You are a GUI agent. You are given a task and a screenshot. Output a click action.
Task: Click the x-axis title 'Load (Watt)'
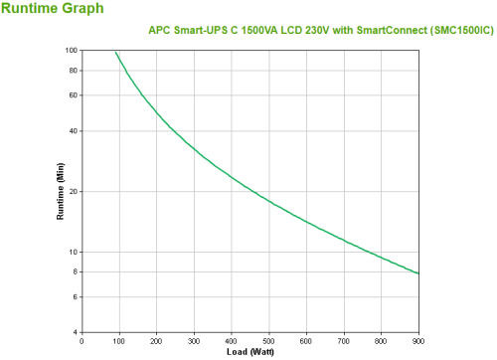pos(249,352)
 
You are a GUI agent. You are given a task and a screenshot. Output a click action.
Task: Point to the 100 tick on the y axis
pos(72,50)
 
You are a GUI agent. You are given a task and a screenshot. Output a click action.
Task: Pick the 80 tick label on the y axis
pos(74,70)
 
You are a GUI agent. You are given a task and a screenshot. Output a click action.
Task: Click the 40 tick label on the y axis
pos(74,130)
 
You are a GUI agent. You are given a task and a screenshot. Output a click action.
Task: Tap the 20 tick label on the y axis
pos(74,191)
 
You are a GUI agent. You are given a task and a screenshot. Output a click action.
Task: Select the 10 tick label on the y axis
pos(74,252)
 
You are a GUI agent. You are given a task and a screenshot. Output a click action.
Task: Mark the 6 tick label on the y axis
pos(76,296)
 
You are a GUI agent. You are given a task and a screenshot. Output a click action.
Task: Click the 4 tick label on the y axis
pos(76,332)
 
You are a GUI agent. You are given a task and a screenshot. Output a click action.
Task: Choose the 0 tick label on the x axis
pos(82,341)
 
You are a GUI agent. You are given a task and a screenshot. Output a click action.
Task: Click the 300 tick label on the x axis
pos(194,341)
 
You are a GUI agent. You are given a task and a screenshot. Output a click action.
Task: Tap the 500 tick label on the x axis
pos(268,341)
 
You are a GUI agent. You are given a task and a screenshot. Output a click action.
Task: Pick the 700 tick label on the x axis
pos(343,341)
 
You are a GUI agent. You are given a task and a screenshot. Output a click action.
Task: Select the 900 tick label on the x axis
pos(417,341)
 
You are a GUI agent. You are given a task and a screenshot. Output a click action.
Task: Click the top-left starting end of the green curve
pos(115,53)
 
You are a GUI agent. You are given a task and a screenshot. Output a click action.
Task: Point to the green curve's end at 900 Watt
pos(417,273)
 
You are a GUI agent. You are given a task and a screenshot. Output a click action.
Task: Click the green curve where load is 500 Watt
pos(268,201)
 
